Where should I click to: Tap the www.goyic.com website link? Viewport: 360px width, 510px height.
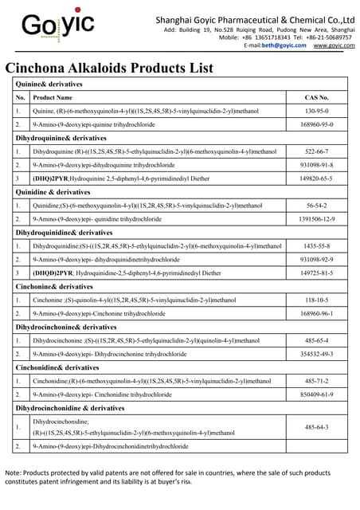click(334, 46)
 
